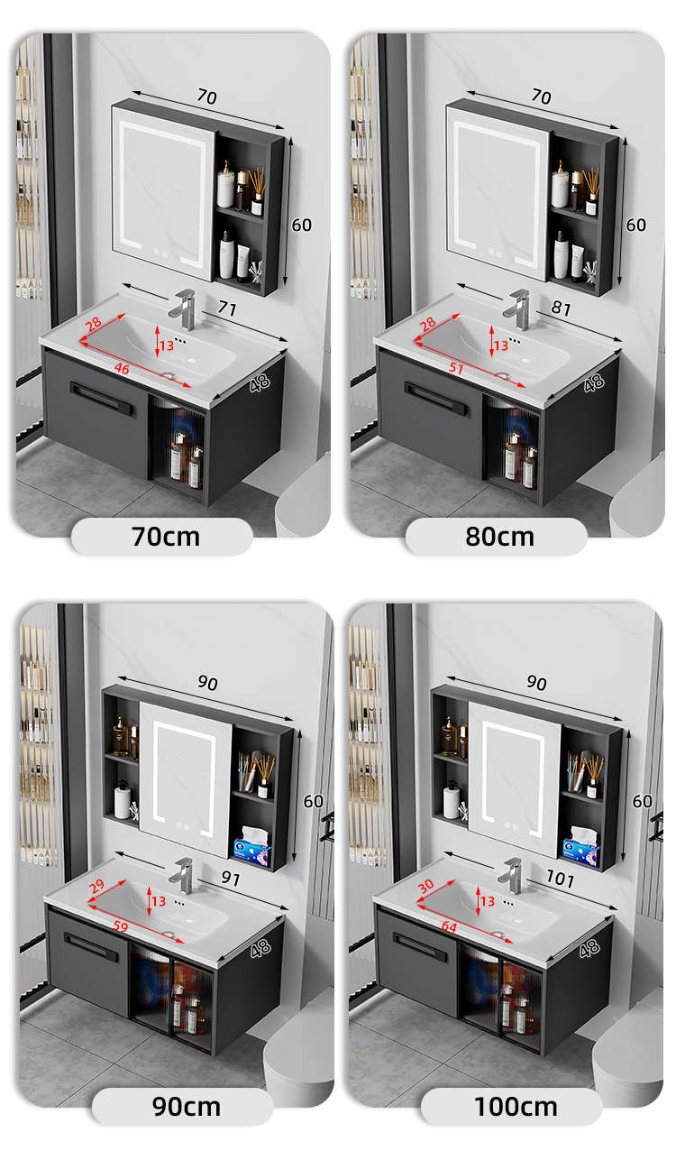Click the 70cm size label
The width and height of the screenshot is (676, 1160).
[x=166, y=537]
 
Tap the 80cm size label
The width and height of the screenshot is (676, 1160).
[x=499, y=537]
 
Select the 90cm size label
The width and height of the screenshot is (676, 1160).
[x=187, y=1107]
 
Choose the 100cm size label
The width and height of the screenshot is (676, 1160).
[x=516, y=1107]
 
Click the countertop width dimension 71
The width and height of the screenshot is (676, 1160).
[x=227, y=308]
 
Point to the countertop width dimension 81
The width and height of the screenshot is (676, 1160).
[x=562, y=308]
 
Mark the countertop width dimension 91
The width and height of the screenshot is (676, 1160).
[x=231, y=879]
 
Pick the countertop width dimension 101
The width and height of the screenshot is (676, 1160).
[x=561, y=879]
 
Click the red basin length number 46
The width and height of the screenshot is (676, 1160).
[x=122, y=368]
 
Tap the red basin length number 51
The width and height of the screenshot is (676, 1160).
[x=456, y=368]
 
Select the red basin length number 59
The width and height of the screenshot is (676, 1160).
[x=121, y=926]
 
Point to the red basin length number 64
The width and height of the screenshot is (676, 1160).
[x=449, y=926]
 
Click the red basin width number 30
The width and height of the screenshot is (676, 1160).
[x=425, y=887]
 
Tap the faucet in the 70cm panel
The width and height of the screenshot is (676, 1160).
[x=184, y=309]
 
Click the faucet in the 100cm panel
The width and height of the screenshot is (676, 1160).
[x=511, y=875]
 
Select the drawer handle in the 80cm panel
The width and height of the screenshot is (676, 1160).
[x=436, y=400]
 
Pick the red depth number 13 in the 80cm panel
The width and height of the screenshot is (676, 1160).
[x=500, y=345]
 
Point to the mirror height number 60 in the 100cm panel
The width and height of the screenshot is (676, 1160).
[x=643, y=801]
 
